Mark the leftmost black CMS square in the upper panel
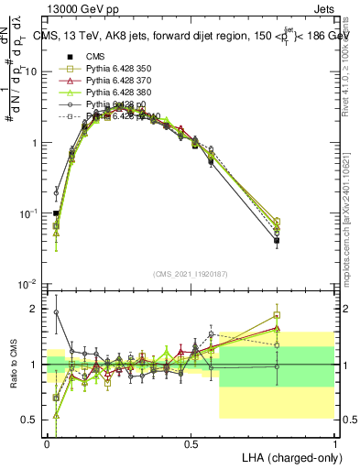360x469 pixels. [x=56, y=213]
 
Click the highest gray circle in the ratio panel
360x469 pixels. [x=56, y=312]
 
